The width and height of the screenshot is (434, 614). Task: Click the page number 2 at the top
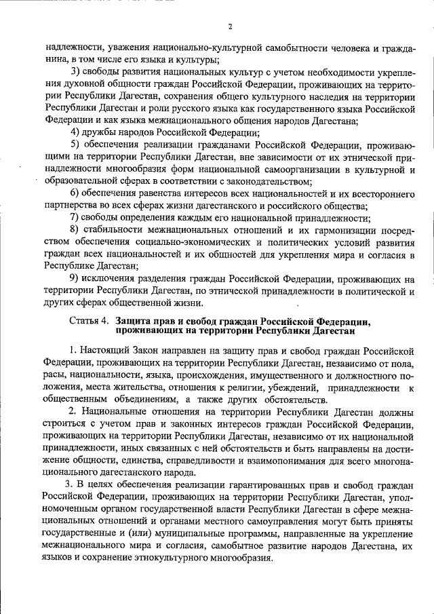pos(230,26)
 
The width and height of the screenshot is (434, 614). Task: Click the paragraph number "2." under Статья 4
pos(73,412)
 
